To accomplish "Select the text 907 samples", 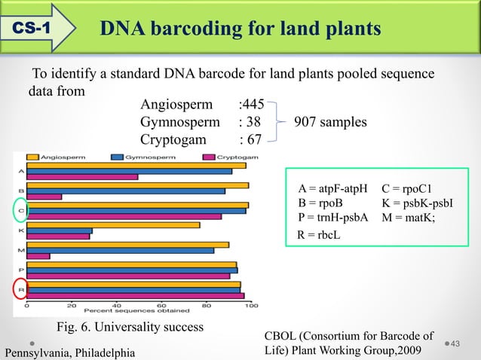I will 330,122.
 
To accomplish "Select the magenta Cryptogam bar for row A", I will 82,177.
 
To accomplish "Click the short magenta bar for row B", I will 44,197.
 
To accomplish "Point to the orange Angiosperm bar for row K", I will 113,224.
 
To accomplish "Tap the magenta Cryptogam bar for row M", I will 38,256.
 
